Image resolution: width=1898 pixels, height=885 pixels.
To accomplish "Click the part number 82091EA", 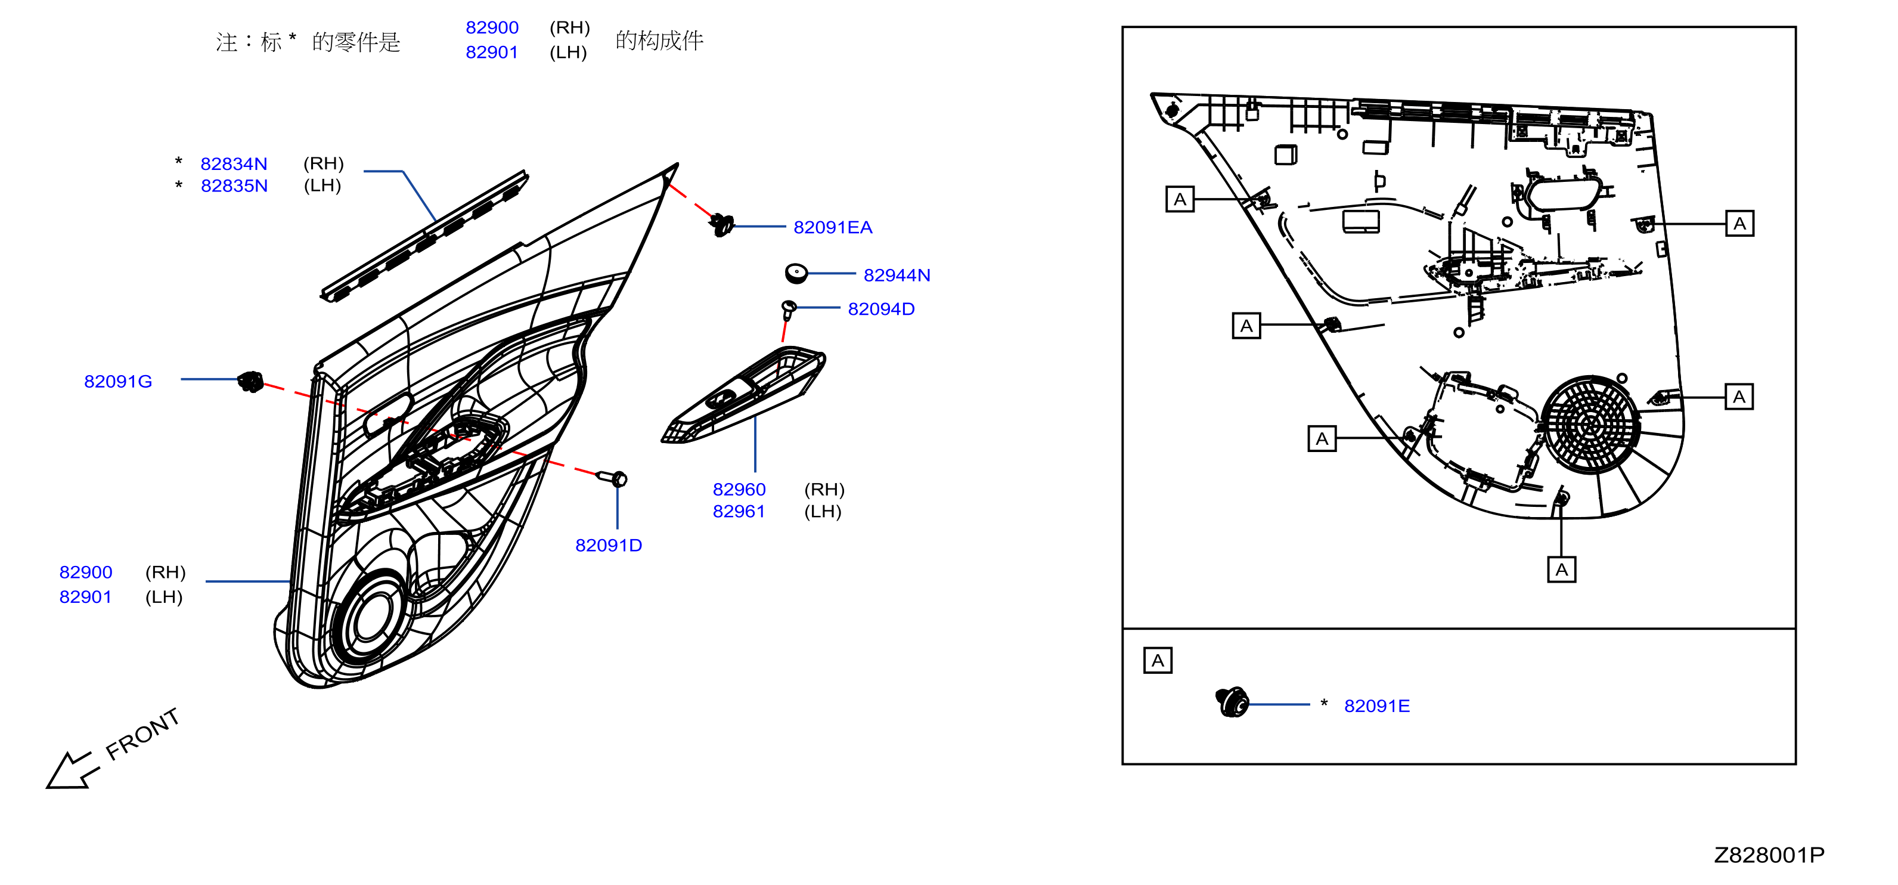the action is (833, 228).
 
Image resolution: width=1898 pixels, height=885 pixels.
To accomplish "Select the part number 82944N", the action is (897, 276).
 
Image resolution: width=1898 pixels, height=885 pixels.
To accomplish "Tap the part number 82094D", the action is (881, 310).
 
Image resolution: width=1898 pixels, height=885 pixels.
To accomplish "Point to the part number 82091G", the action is (118, 382).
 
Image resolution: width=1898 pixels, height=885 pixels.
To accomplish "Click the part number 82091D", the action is (609, 545).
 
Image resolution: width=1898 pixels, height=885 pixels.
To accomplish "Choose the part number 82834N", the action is (234, 163).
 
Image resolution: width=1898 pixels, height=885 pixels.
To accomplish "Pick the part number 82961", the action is (739, 512).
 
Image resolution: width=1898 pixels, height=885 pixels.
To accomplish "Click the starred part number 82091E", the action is (1376, 706).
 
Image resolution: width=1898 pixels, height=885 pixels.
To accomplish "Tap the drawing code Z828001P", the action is (1769, 855).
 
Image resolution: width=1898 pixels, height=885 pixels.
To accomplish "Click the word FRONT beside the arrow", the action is (142, 734).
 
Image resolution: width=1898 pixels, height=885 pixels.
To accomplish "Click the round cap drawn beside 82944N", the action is (796, 273).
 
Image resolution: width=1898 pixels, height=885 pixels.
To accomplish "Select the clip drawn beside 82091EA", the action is (722, 224).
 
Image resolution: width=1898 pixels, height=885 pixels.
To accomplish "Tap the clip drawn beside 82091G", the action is (250, 381).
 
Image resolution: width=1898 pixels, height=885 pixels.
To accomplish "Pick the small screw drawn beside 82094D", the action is (787, 310).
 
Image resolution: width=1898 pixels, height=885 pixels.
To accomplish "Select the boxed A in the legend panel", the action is (1158, 660).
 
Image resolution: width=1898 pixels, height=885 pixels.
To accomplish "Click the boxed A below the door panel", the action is (1561, 570).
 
